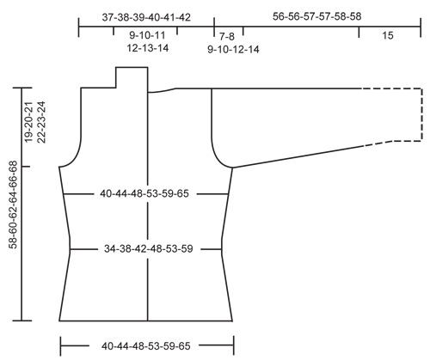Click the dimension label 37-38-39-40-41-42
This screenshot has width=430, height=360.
tap(146, 17)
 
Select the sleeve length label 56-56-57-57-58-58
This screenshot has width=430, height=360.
tap(316, 16)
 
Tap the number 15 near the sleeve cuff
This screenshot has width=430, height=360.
tap(387, 35)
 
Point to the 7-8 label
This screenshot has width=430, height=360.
tap(227, 36)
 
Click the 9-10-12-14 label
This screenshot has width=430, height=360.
tap(233, 50)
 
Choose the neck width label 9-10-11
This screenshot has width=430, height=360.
tap(147, 35)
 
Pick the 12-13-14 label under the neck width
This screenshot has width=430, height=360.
tap(148, 48)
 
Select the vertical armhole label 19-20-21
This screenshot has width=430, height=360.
tap(29, 122)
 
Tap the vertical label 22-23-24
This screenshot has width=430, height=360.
tap(41, 122)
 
